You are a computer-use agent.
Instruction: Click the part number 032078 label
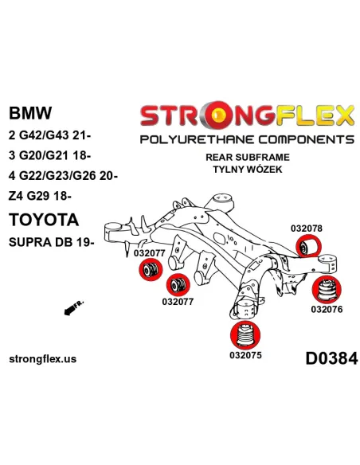[x=307, y=229]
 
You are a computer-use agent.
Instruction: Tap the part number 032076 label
[x=327, y=309]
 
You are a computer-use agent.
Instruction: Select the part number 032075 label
[x=245, y=354]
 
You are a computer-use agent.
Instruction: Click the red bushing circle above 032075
[x=245, y=335]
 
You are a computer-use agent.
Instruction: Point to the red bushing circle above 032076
[x=327, y=290]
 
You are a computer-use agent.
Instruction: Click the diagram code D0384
[x=331, y=358]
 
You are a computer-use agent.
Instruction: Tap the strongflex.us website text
[x=43, y=359]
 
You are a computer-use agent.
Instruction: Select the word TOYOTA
[x=44, y=220]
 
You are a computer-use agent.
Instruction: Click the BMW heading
[x=30, y=113]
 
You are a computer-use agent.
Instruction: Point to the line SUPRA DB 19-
[x=52, y=242]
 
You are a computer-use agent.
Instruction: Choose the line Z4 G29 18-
[x=40, y=196]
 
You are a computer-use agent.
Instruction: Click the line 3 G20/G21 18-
[x=50, y=155]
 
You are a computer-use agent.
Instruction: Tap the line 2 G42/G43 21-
[x=50, y=135]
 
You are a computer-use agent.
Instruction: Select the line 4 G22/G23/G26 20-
[x=63, y=176]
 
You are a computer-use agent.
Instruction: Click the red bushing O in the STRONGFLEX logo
[x=218, y=115]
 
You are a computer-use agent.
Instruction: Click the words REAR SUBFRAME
[x=248, y=157]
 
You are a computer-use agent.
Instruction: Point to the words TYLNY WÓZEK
[x=248, y=169]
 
